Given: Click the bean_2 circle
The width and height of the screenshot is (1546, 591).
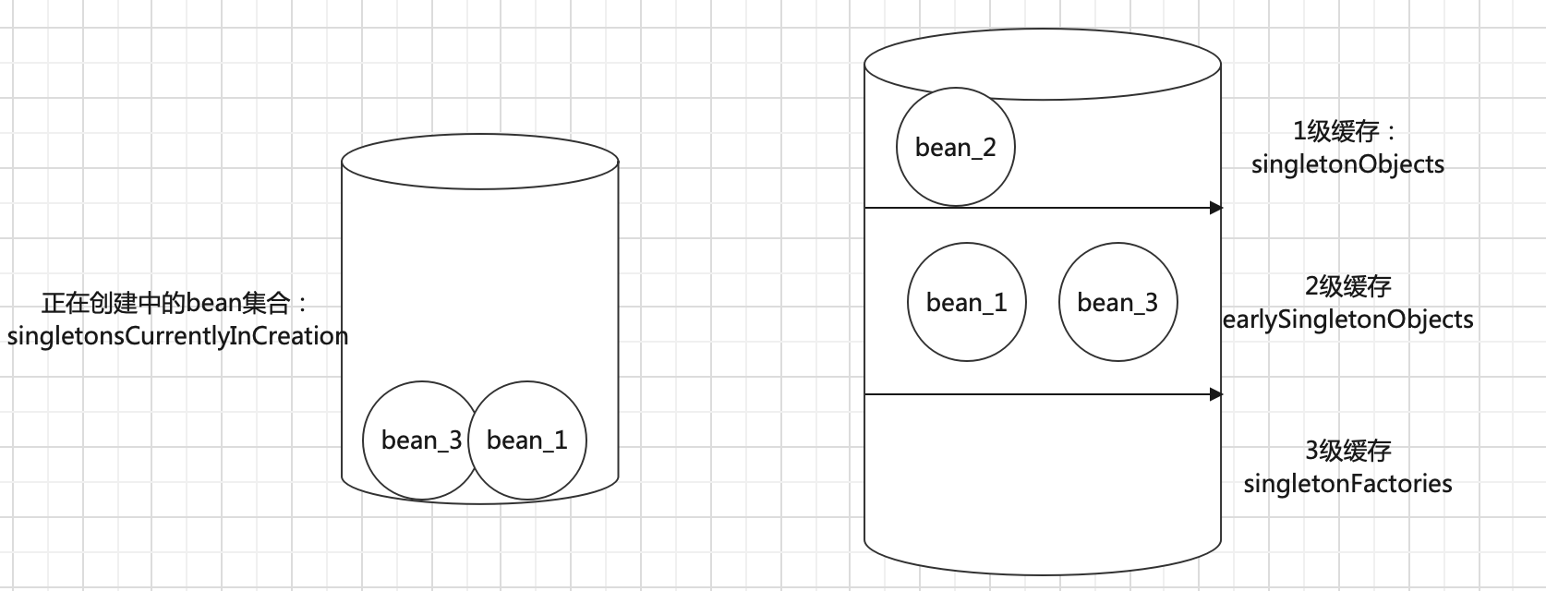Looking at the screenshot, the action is tap(955, 147).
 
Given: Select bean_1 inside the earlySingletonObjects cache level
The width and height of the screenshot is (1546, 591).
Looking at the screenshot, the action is tap(966, 302).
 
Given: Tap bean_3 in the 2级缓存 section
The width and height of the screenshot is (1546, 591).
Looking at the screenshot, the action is tap(1117, 302).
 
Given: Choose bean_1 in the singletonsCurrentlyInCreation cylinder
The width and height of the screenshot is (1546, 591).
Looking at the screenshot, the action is tap(527, 440).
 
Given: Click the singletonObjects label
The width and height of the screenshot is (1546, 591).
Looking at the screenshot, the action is tap(1347, 164).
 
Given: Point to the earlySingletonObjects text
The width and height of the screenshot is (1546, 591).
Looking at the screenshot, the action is tap(1347, 320).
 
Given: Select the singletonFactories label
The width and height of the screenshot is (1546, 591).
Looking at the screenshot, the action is tap(1347, 483).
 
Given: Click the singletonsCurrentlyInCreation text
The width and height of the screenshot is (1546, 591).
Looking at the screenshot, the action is tap(177, 336).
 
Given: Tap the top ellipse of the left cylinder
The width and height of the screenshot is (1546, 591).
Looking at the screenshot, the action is tap(479, 163).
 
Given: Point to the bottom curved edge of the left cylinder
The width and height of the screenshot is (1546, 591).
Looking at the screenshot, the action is tap(479, 502).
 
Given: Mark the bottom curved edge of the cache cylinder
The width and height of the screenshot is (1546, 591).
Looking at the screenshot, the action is tap(1042, 573).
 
